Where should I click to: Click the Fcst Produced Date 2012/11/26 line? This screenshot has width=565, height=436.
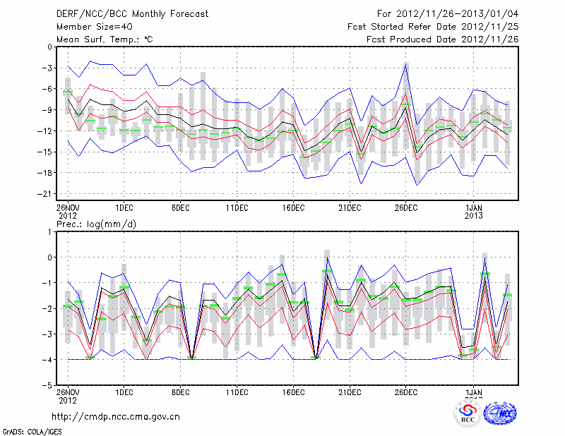pos(443,40)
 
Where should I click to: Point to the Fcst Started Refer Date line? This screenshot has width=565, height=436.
pos(433,27)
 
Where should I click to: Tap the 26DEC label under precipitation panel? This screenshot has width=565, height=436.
pos(406,392)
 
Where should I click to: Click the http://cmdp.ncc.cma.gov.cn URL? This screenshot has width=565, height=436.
pos(117,416)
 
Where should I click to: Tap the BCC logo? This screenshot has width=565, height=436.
pos(468,413)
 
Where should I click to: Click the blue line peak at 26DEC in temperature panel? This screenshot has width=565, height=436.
pos(406,63)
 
